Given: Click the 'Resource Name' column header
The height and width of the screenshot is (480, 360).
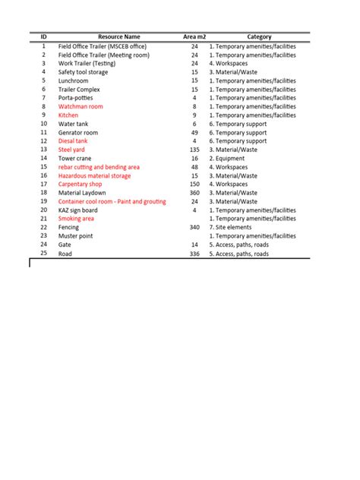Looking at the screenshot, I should coord(118,36).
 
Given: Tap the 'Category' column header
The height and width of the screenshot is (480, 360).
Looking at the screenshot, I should coord(259,36).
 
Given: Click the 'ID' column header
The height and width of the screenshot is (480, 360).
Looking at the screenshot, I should coord(43,36).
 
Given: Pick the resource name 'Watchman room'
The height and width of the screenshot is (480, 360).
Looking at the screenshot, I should coord(81,106).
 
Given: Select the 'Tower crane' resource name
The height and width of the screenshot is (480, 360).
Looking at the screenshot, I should coord(74,158).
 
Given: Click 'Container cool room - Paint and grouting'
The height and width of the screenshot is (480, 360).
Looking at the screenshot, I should coord(112,201).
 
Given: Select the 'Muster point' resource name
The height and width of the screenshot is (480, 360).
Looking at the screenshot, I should coord(76,236).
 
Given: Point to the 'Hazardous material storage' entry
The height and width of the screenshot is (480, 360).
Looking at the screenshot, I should coord(94,175).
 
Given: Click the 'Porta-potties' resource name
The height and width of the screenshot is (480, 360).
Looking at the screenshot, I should coord(76,98).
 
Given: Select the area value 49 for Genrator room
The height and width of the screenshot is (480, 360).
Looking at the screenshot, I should coord(194,132).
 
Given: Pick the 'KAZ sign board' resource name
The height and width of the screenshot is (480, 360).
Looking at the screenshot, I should coord(78,210).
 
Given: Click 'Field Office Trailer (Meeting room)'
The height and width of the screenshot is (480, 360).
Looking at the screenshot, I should coord(104,55).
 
